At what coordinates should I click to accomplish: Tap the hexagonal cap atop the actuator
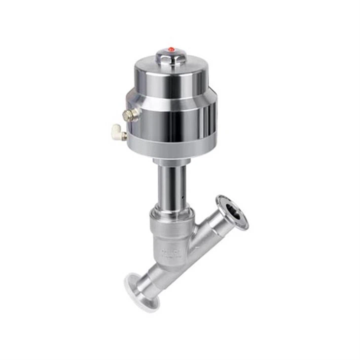pyautogui.click(x=171, y=55)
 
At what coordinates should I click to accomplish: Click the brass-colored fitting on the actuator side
pyautogui.click(x=131, y=115)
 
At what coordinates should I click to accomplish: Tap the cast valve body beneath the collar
pyautogui.click(x=170, y=244)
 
